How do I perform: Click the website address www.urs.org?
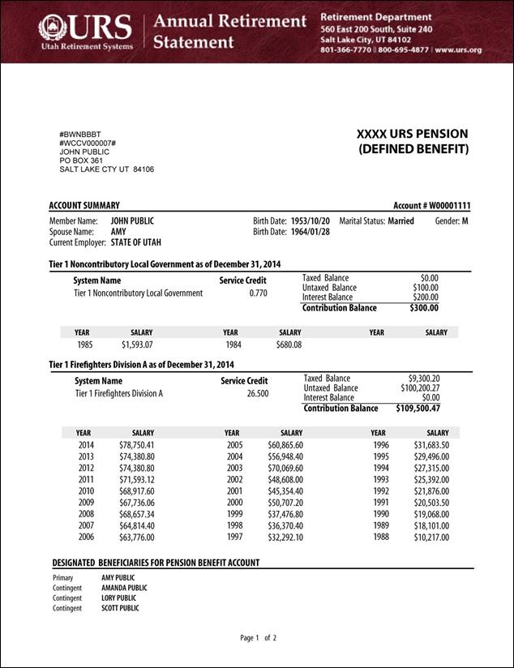458,49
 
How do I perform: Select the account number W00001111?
443,206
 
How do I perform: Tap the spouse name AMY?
118,231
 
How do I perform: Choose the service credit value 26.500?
257,394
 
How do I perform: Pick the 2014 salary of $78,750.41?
136,445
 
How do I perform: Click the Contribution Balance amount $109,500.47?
418,409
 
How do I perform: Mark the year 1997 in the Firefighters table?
234,537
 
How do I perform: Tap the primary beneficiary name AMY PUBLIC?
118,578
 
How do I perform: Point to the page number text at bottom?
259,638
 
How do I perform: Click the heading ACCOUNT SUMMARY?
84,206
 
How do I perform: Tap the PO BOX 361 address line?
81,161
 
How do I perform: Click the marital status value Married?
400,221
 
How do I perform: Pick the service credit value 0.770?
258,293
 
